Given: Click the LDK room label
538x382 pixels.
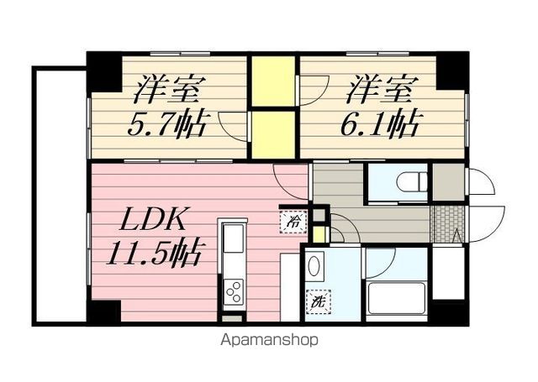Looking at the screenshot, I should (151, 221).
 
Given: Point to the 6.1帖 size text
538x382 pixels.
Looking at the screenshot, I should (380, 123).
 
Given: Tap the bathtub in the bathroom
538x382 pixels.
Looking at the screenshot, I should (396, 298).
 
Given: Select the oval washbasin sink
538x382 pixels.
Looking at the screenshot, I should (314, 268).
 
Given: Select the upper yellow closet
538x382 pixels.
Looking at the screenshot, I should (273, 81).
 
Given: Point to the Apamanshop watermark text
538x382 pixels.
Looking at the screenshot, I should (269, 341).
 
